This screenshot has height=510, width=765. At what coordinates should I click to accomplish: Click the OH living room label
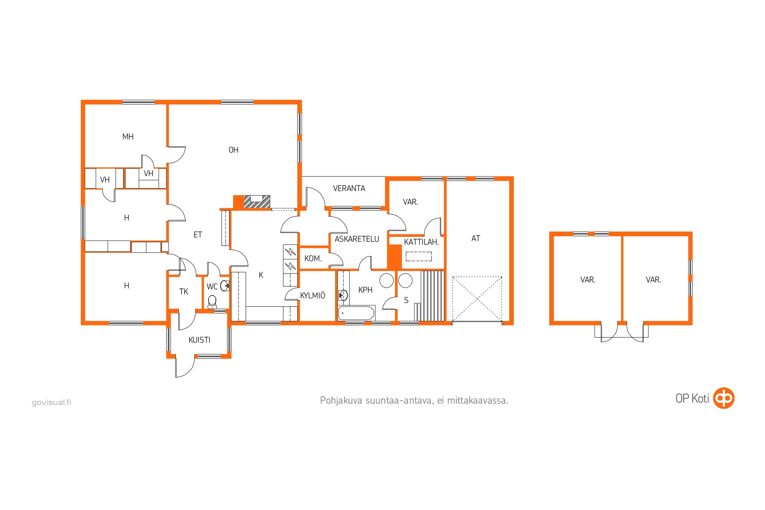point(234,150)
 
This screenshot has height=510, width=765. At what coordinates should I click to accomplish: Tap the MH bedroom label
point(128,137)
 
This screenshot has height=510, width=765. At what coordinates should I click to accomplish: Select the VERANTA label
point(349,188)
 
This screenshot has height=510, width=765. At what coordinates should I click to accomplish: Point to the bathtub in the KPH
point(356,314)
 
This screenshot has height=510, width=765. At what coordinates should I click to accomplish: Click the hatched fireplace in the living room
point(257,202)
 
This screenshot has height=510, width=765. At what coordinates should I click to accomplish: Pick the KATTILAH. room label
point(421,242)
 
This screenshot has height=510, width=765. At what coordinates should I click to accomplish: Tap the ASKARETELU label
point(357,239)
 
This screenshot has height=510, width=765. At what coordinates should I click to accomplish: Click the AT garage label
point(476,238)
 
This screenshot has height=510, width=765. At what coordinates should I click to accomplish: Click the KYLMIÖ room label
point(312,295)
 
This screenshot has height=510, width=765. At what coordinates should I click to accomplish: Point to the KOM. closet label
point(313,259)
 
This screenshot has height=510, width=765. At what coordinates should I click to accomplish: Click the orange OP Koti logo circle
point(724,398)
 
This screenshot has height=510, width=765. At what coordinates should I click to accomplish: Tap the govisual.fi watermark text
point(51,402)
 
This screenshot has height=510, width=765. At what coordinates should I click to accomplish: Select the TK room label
point(184,292)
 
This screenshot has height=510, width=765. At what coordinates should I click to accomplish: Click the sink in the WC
point(225,286)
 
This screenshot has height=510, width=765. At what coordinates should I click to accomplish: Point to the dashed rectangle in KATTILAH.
point(419,256)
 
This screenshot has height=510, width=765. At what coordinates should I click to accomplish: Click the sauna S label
point(406,300)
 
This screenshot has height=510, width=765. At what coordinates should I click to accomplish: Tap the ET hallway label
point(197,235)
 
